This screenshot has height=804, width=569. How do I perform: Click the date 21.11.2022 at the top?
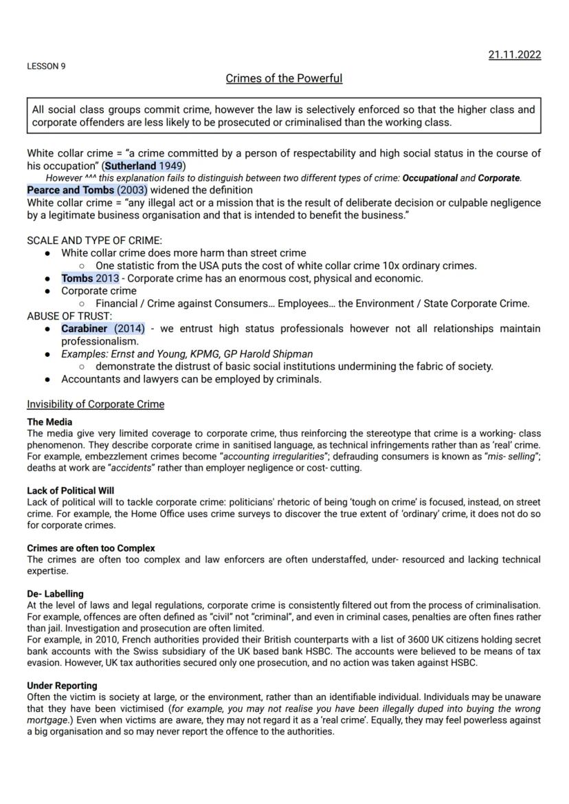(x=514, y=55)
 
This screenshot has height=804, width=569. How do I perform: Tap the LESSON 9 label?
(x=46, y=67)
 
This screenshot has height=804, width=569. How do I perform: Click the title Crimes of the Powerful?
(x=284, y=78)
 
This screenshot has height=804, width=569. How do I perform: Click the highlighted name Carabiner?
(x=84, y=329)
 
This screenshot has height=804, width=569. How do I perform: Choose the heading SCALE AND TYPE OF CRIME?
(x=94, y=241)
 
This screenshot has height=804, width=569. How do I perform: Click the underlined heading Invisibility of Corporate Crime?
(x=96, y=404)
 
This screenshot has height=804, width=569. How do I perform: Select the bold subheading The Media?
(x=49, y=422)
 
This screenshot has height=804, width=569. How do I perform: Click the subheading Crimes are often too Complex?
(x=91, y=548)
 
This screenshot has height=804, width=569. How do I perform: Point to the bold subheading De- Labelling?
(x=55, y=593)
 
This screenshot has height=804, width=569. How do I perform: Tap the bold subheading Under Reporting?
(x=62, y=686)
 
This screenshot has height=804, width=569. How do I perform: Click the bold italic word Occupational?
(x=429, y=177)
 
